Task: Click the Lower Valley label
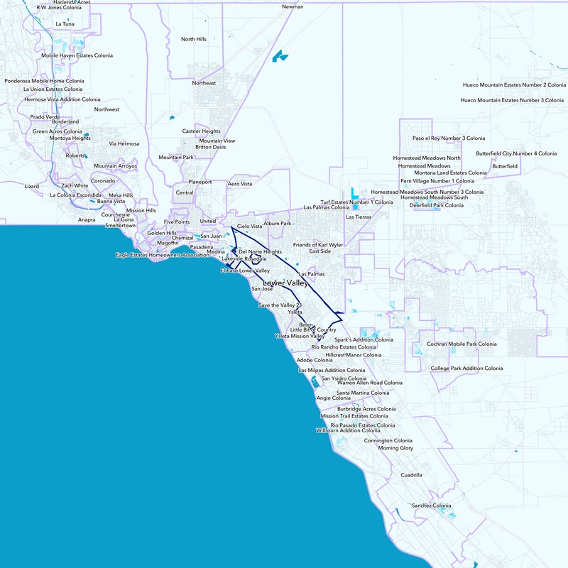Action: tap(285, 283)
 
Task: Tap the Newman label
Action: tap(293, 6)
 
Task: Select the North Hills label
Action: tap(194, 39)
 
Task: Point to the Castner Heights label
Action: tap(201, 131)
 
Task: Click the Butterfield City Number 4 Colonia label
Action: tap(516, 153)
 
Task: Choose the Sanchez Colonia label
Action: tap(432, 506)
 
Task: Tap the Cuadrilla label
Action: tap(411, 475)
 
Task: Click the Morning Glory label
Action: tap(395, 449)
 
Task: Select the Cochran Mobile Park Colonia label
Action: tap(461, 344)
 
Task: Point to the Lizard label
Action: tap(32, 186)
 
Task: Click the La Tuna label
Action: tap(65, 24)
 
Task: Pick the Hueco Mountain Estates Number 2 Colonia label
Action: tap(513, 84)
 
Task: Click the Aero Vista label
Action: tap(239, 184)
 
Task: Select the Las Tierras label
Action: tap(359, 217)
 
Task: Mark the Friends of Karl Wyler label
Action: tap(318, 244)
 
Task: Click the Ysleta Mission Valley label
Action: tap(300, 335)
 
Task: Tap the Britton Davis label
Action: tap(210, 147)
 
